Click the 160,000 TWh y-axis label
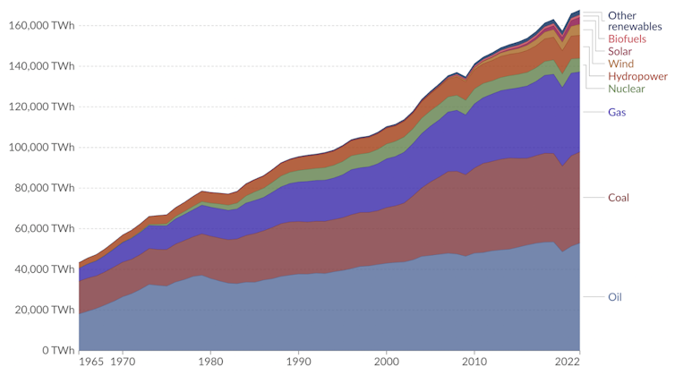(x=40, y=25)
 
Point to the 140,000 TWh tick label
(x=40, y=66)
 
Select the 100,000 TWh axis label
(x=40, y=148)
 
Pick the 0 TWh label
(x=56, y=350)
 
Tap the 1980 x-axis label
(x=210, y=362)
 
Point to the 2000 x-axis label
(x=387, y=362)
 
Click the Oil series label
(x=615, y=297)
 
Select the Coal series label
(x=619, y=197)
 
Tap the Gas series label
(x=617, y=113)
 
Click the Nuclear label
(x=627, y=89)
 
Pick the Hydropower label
(x=637, y=76)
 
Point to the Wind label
(x=621, y=64)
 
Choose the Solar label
(x=622, y=52)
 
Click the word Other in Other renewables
(x=622, y=15)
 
